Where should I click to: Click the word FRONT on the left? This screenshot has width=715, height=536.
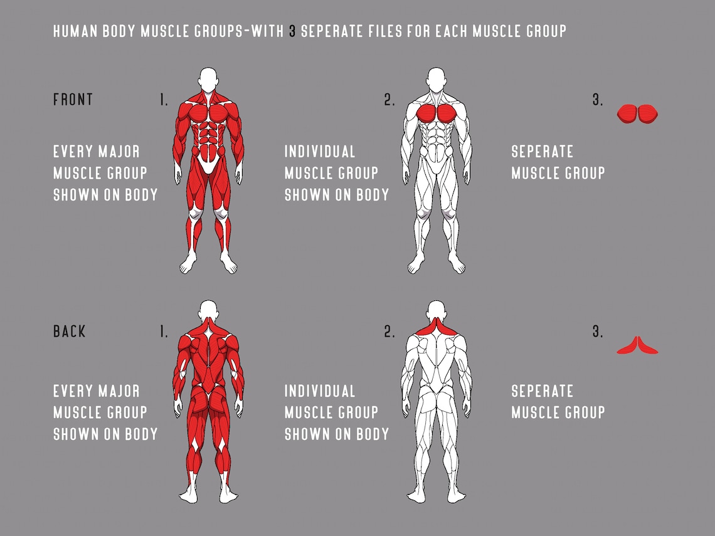click(x=73, y=100)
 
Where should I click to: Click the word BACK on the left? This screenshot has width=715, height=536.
click(x=70, y=332)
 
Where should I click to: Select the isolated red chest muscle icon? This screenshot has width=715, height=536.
click(x=637, y=113)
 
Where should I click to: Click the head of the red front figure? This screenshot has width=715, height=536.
click(x=209, y=80)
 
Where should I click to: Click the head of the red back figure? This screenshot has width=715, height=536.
click(x=209, y=312)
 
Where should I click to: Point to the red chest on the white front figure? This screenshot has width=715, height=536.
click(x=436, y=113)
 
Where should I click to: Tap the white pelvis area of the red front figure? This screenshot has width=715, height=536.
click(x=209, y=165)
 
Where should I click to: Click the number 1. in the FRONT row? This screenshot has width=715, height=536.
click(x=163, y=100)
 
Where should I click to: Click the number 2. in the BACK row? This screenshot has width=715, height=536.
click(x=389, y=332)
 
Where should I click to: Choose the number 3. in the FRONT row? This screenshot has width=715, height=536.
click(x=597, y=100)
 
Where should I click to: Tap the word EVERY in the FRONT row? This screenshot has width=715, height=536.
click(x=73, y=152)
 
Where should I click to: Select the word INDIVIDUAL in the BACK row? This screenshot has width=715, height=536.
click(x=320, y=392)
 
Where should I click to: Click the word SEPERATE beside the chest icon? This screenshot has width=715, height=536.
click(x=542, y=152)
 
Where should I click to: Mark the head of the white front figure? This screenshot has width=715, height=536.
click(x=436, y=80)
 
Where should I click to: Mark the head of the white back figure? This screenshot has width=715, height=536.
click(x=436, y=312)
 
